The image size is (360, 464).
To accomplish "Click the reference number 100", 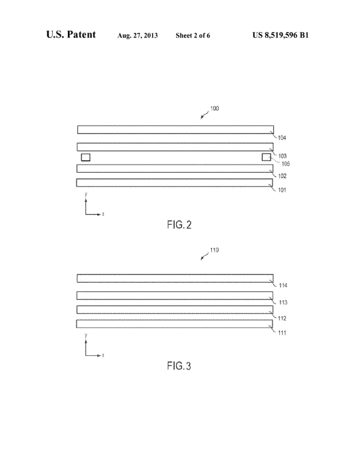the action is (215, 109).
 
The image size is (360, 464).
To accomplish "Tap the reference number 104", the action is (282, 137).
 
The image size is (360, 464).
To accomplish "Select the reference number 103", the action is (282, 156).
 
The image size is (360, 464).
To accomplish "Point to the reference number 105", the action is (285, 163).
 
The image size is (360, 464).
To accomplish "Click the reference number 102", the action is (282, 176).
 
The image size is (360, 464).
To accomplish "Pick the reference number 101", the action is (282, 190).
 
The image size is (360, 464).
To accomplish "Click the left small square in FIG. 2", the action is (85, 157).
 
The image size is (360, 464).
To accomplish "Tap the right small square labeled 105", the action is (266, 157).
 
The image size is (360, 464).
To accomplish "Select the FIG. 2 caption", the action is (179, 225).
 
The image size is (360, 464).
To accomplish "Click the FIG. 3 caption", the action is (179, 366).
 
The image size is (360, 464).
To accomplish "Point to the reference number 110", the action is (215, 251).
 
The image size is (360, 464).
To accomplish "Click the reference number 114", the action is (283, 285).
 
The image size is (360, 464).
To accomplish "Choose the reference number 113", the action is (283, 303).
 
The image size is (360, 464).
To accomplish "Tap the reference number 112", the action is (282, 319).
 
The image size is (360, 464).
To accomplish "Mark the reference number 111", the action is (282, 333).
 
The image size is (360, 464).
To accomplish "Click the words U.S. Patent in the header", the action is (71, 35).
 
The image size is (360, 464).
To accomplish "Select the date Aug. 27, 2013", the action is (137, 35).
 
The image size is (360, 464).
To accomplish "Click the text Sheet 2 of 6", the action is (193, 35).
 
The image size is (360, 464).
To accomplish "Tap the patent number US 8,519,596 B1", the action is (281, 35).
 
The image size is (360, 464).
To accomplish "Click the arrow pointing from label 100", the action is (205, 115).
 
